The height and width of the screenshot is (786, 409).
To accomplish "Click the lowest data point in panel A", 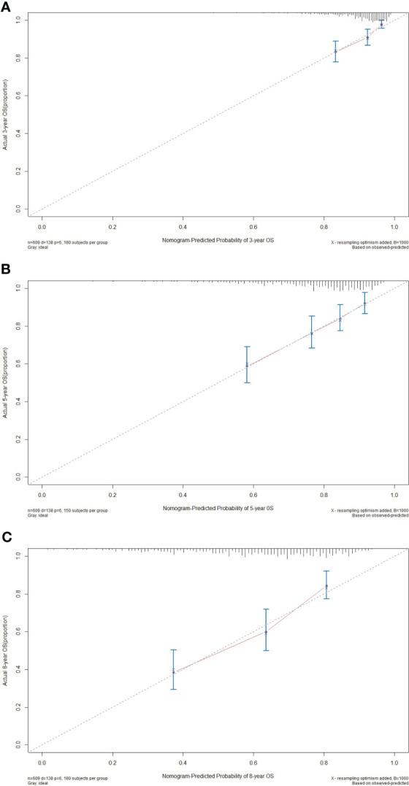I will coord(335,51).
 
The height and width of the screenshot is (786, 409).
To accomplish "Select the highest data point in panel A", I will coord(381,24).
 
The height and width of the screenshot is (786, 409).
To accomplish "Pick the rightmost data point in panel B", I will coord(364,303).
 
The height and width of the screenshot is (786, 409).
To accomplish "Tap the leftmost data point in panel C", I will coord(173,671).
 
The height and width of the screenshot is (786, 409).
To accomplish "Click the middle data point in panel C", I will coord(267,632).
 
